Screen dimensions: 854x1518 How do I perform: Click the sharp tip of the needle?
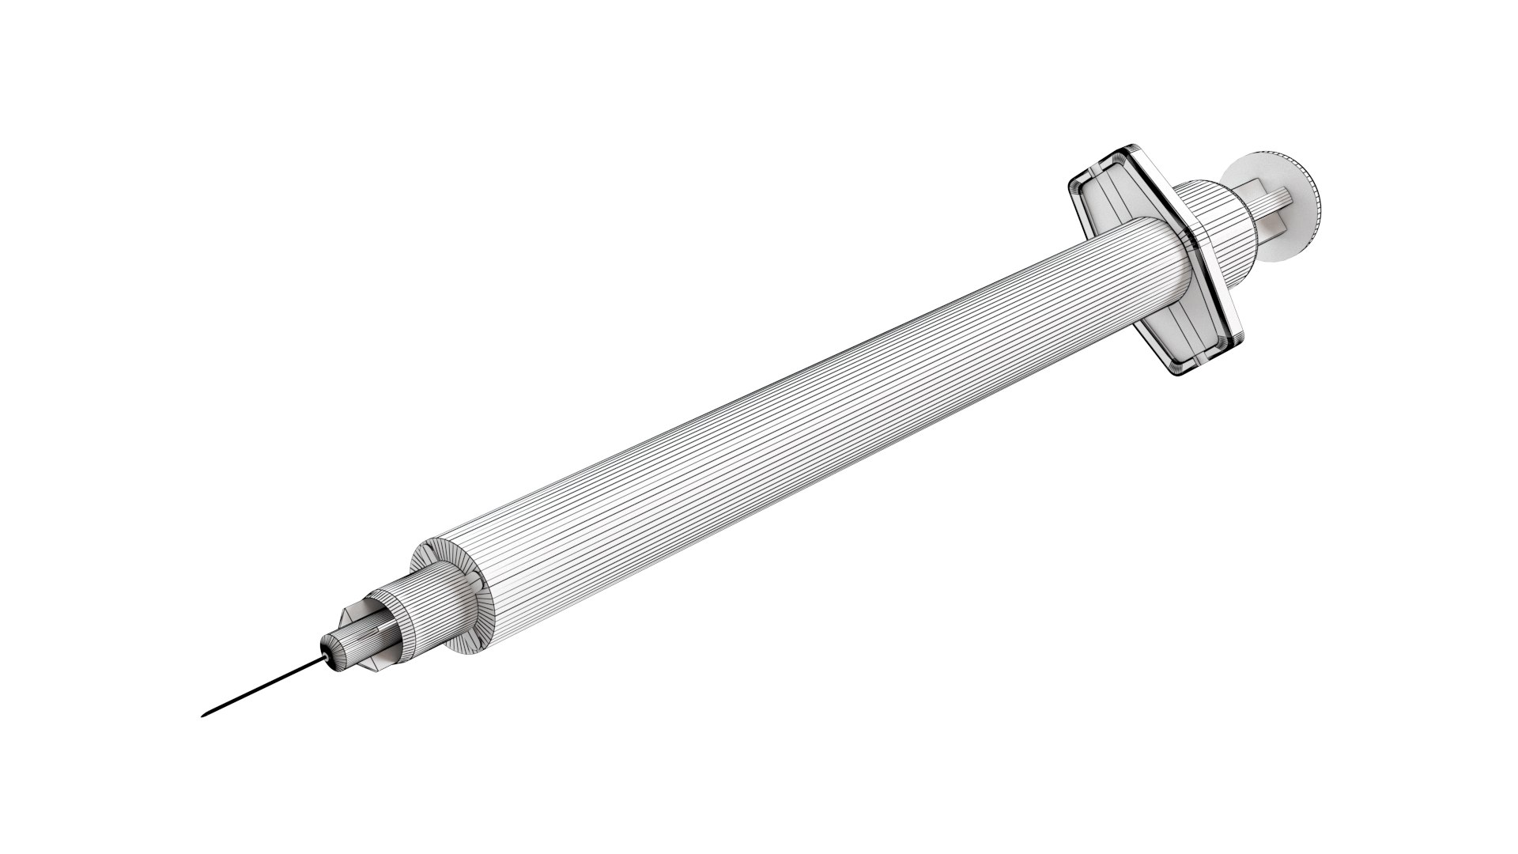click(x=203, y=716)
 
